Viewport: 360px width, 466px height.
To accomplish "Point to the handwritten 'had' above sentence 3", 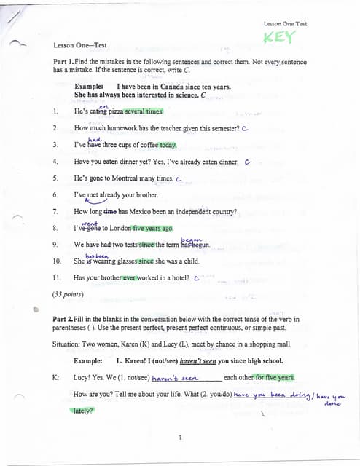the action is pos(94,138).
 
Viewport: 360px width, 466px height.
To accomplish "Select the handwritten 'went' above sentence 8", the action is pos(89,223).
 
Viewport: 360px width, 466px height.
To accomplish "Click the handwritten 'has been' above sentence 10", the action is pos(96,256).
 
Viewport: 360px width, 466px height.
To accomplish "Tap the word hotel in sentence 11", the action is pos(176,278).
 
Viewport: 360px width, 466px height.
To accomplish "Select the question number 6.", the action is pos(56,195).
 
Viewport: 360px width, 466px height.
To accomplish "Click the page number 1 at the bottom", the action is pos(179,437).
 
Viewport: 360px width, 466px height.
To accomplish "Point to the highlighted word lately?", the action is pos(84,410).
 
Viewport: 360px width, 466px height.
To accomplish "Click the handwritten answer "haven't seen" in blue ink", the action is pos(175,378).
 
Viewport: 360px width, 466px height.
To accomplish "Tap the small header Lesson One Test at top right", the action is pos(285,24).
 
